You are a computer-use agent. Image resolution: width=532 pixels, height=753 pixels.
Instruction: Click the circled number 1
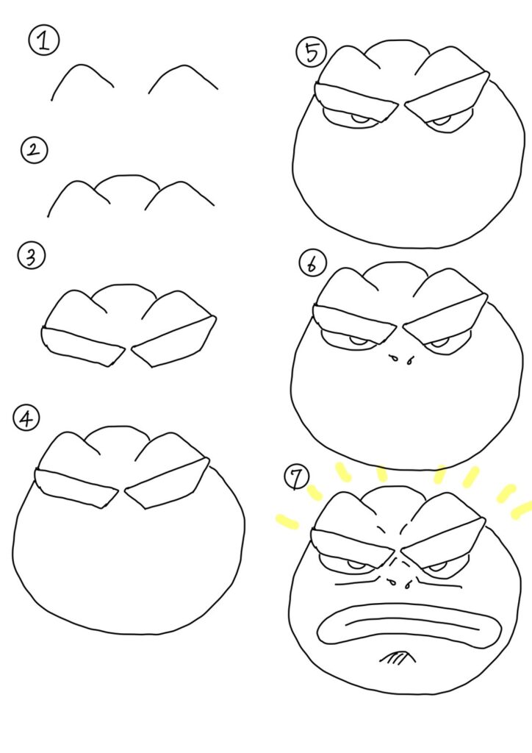[43, 41]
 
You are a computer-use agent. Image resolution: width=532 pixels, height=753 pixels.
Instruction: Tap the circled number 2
[34, 150]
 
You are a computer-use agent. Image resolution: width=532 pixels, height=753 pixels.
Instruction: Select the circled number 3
[31, 255]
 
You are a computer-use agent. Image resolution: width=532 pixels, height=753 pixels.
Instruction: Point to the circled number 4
[26, 418]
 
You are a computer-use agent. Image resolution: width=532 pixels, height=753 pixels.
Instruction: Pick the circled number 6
[312, 264]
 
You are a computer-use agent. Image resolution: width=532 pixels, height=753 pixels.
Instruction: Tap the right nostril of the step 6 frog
[410, 359]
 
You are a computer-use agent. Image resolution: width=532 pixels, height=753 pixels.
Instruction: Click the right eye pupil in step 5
[439, 120]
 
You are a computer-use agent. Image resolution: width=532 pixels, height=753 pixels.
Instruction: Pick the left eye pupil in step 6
[357, 340]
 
